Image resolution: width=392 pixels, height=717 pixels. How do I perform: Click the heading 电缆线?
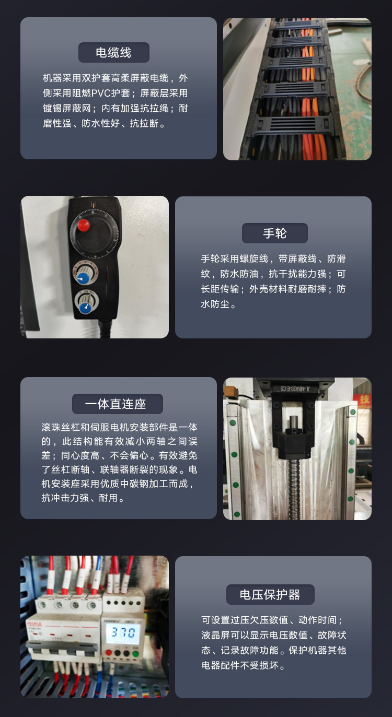coord(114,53)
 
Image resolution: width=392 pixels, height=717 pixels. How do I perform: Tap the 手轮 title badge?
coord(275,233)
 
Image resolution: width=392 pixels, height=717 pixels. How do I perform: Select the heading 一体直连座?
coord(117,404)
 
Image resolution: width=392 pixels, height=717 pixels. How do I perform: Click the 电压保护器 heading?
coord(270,594)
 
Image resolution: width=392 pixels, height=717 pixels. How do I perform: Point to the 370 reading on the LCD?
coord(123,632)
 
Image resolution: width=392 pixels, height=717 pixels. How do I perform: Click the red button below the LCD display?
coord(109,653)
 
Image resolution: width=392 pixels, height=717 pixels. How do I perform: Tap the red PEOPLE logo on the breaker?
coord(34,624)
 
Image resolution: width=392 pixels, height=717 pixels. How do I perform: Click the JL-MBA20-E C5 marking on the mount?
coord(295,389)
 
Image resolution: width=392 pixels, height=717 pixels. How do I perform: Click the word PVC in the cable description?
coord(100,93)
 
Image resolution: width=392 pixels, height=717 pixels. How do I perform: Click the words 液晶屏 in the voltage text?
coord(216,634)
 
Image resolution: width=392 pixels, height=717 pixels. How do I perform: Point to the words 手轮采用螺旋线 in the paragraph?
coord(235,258)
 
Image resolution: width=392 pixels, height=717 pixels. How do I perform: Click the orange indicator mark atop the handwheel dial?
coord(93,205)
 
